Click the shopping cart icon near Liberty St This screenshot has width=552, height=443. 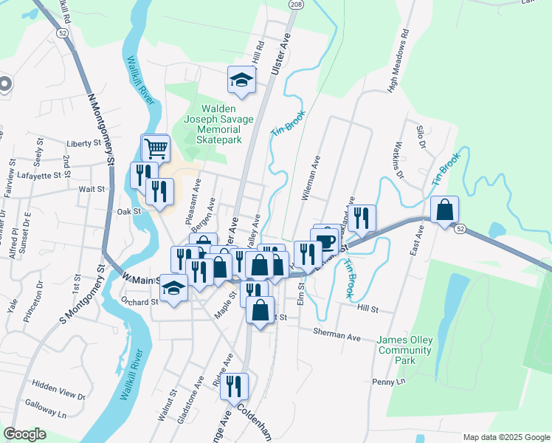pos(155,148)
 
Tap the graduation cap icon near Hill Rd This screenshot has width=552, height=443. pos(241,79)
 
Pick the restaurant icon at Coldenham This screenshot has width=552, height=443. pos(234,386)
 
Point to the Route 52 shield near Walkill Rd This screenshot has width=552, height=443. pos(61,32)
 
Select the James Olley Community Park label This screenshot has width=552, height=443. pos(406,350)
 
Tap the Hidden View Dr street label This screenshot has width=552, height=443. pos(60,385)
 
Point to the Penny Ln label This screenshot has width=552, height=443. pos(390,382)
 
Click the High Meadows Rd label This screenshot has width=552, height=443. pos(399,61)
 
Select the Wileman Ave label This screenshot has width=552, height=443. pos(310,178)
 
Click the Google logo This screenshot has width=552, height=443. pos(25,434)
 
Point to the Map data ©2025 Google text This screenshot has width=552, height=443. pos(506,437)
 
